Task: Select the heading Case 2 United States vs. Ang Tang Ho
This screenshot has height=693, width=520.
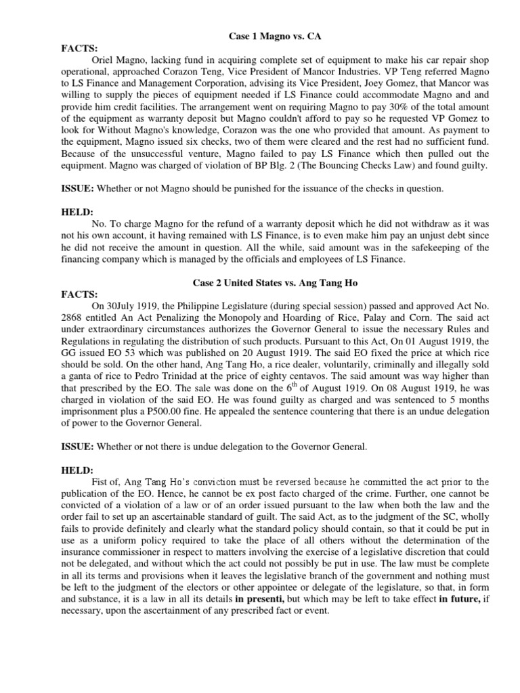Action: click(259, 282)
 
